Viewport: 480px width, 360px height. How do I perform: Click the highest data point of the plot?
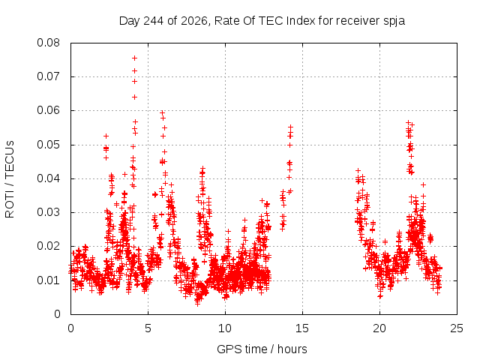point(134,58)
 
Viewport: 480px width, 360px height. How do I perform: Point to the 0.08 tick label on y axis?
point(48,43)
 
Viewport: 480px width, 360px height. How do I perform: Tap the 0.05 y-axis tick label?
point(48,145)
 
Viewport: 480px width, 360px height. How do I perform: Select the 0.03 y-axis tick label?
point(48,212)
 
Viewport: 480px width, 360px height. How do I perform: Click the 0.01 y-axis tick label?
point(48,280)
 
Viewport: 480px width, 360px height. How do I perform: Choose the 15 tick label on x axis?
point(302,328)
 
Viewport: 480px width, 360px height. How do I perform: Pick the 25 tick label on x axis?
point(457,328)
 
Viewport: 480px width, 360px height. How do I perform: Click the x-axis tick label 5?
point(148,328)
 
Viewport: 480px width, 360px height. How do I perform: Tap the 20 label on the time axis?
point(379,328)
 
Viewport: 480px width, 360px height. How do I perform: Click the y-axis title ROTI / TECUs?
point(10,179)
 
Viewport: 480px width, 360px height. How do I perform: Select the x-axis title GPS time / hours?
point(262,349)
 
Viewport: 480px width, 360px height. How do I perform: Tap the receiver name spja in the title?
point(394,22)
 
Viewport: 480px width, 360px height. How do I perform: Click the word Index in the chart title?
point(301,21)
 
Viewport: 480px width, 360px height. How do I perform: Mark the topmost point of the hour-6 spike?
point(162,112)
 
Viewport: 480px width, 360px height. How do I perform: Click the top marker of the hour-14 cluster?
point(290,127)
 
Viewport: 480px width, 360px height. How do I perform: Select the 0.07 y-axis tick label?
point(48,76)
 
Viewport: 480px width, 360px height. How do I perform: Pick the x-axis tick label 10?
point(225,328)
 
